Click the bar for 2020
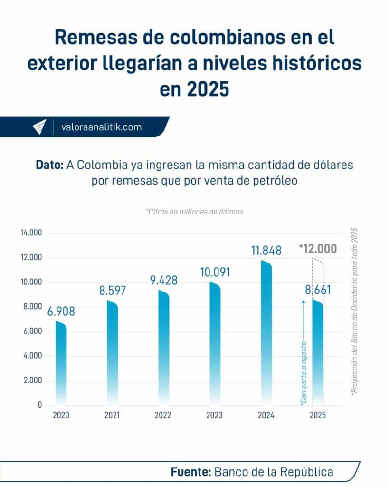point(61,364)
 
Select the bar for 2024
point(266,333)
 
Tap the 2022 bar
point(163,347)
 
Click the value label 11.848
point(266,251)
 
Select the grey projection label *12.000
point(318,249)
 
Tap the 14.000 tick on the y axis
point(31,233)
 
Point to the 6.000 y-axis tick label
point(31,331)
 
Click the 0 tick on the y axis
point(40,405)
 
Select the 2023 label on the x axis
point(214,415)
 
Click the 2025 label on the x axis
point(317,415)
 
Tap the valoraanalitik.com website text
point(102,127)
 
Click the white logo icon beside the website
point(40,127)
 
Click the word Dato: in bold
point(50,166)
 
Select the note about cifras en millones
point(194,212)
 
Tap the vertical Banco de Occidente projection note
point(353,314)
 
